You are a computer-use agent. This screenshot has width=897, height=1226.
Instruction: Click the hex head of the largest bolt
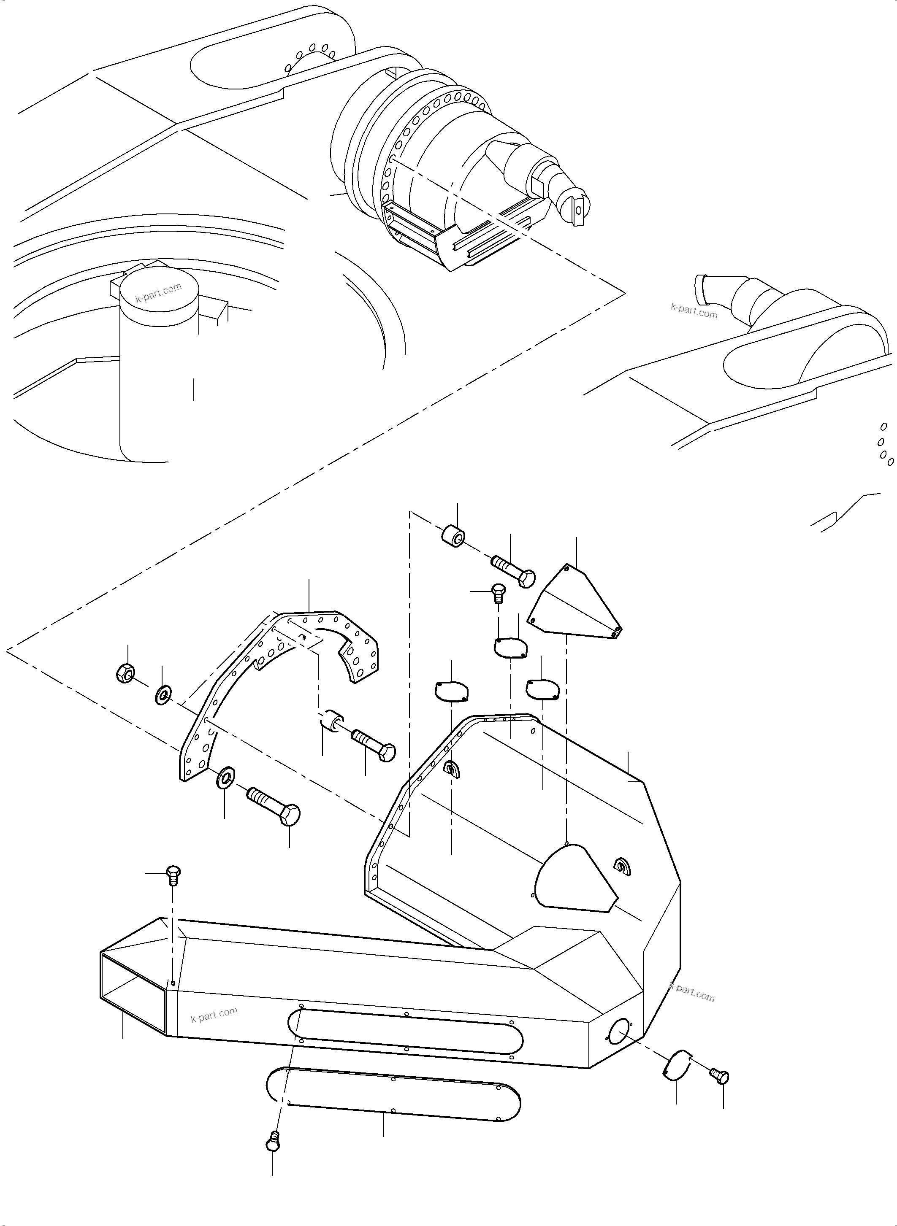(x=290, y=815)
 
